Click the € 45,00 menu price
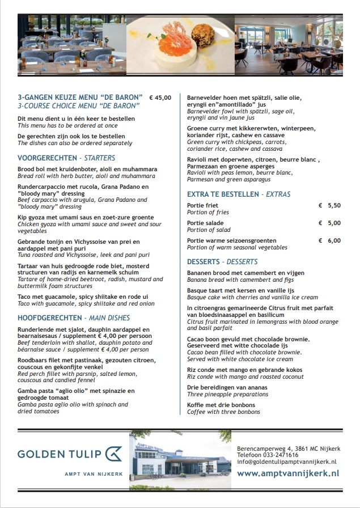[x=159, y=98]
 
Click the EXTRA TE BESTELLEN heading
[x=223, y=194]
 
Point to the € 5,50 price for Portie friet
[x=330, y=205]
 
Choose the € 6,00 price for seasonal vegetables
[x=330, y=240]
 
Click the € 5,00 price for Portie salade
[x=330, y=223]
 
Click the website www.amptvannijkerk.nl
[x=288, y=473]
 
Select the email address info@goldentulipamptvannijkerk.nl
[x=286, y=462]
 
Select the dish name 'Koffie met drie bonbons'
[x=221, y=405]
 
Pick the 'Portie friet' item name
[x=202, y=205]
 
